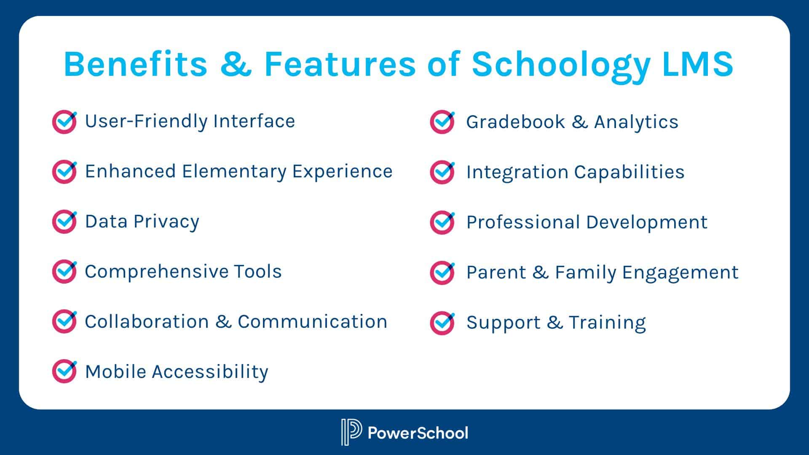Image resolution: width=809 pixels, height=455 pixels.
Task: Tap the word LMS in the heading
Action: click(x=698, y=64)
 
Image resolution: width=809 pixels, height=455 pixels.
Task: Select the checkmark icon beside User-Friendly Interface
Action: click(x=64, y=122)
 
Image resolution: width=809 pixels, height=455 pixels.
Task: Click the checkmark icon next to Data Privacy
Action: click(x=64, y=222)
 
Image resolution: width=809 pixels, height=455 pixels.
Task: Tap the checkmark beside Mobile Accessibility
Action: click(x=64, y=371)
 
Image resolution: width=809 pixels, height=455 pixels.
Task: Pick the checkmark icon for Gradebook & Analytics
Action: click(x=442, y=122)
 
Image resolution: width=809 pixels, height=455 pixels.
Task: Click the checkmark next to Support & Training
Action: click(x=442, y=323)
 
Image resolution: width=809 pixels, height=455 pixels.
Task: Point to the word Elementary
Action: click(x=234, y=172)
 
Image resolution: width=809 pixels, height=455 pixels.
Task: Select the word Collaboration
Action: click(x=147, y=322)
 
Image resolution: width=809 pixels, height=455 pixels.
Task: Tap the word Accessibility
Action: click(x=210, y=372)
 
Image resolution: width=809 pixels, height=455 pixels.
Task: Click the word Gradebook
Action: click(x=515, y=122)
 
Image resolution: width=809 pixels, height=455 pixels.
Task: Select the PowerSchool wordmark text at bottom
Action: click(x=418, y=433)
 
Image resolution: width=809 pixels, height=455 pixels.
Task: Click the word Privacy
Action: click(x=166, y=222)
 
